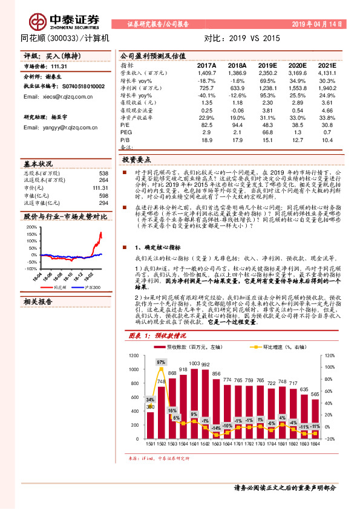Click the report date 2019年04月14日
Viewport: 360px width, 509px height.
[x=317, y=24]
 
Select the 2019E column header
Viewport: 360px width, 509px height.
[x=267, y=65]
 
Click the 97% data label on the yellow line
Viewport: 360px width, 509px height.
[x=161, y=362]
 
